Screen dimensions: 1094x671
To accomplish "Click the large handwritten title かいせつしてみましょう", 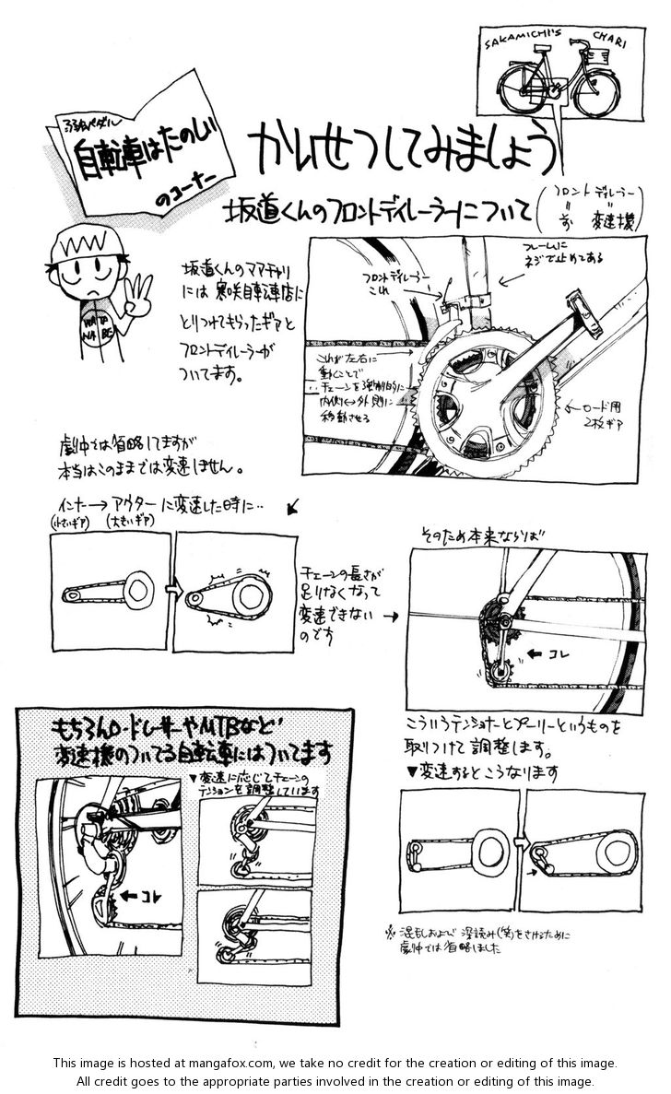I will coord(404,152).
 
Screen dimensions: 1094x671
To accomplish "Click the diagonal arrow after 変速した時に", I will coord(294,507).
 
